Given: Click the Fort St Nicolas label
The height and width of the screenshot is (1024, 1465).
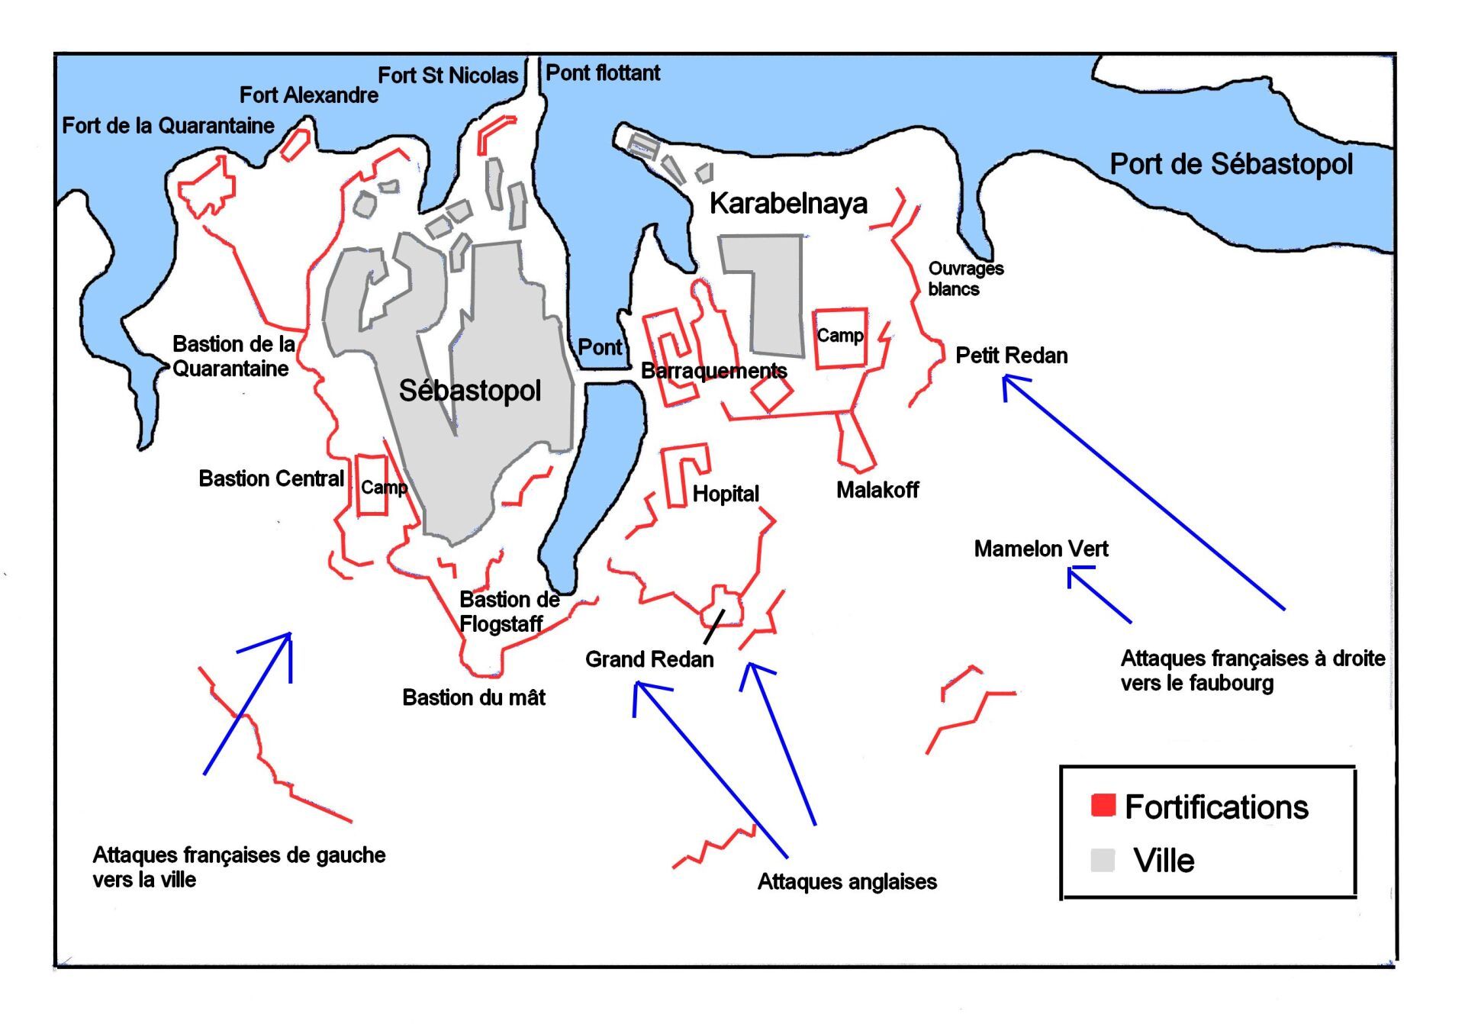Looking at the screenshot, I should pyautogui.click(x=448, y=76).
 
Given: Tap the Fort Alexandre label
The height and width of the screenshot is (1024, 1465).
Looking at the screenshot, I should pyautogui.click(x=309, y=95).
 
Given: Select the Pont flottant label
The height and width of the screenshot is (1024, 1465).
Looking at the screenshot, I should pyautogui.click(x=603, y=73).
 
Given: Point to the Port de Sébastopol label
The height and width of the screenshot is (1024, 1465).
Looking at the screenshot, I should pyautogui.click(x=1231, y=165).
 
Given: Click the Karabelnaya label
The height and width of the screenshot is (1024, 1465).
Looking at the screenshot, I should pyautogui.click(x=788, y=204).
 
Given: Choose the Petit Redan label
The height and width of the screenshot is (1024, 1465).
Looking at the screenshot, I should pyautogui.click(x=1011, y=356).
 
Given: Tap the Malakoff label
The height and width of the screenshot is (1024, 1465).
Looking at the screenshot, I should pyautogui.click(x=877, y=490).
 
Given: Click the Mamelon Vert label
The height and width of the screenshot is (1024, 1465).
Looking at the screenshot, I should pyautogui.click(x=1041, y=549).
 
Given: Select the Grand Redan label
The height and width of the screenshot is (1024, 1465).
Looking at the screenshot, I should pyautogui.click(x=649, y=659).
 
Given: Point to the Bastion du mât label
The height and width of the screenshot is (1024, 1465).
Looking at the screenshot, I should pyautogui.click(x=474, y=697).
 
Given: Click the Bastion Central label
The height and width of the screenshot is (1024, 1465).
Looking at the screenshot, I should pyautogui.click(x=271, y=478).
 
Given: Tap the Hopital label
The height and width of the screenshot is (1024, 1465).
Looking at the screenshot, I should pyautogui.click(x=726, y=494).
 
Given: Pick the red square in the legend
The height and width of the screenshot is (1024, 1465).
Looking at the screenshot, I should pyautogui.click(x=1103, y=805).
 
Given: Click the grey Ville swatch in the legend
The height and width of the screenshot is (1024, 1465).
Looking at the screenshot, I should pyautogui.click(x=1103, y=860).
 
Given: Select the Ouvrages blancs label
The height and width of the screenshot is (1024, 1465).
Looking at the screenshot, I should pyautogui.click(x=965, y=279).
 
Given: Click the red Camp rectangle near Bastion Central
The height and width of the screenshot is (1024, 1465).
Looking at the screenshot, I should pyautogui.click(x=372, y=486).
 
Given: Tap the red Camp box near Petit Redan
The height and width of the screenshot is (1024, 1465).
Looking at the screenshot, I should pyautogui.click(x=840, y=338).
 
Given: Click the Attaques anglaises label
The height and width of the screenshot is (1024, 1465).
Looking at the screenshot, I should pyautogui.click(x=847, y=882).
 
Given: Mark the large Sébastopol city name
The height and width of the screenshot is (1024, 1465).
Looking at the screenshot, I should pyautogui.click(x=470, y=391).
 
